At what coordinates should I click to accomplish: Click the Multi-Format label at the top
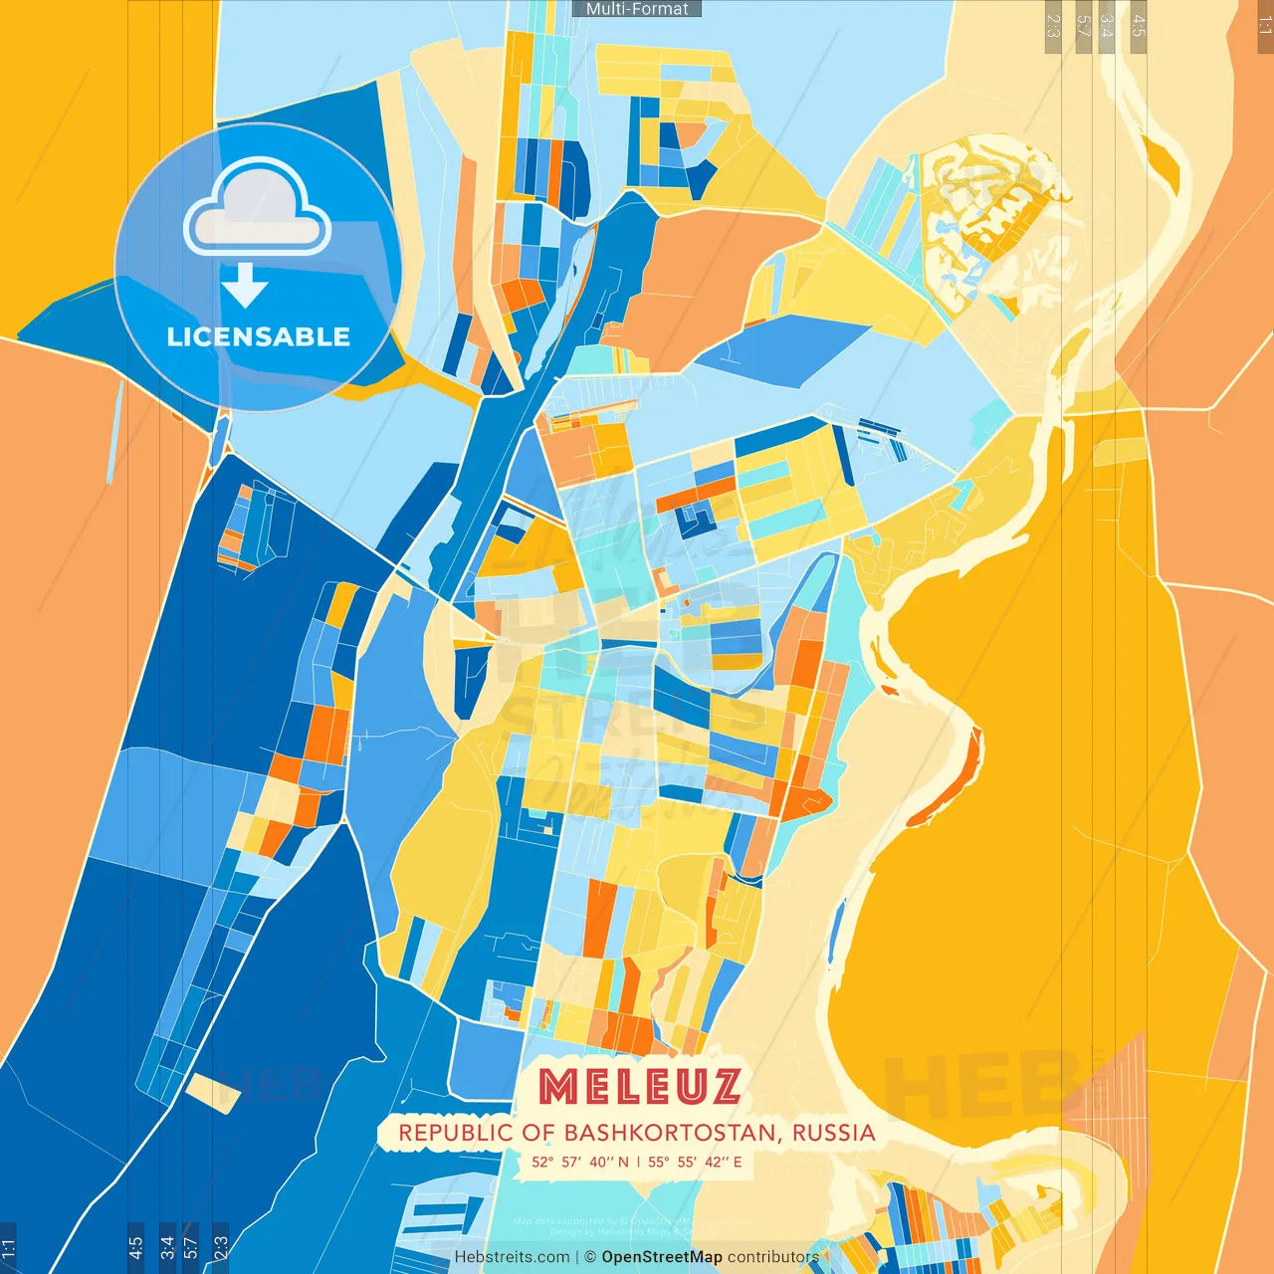[637, 9]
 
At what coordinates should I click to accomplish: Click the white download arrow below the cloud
[245, 286]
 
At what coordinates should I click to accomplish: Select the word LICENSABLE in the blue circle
[259, 337]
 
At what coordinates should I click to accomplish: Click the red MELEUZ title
[640, 1087]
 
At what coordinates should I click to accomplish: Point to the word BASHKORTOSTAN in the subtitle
[674, 1133]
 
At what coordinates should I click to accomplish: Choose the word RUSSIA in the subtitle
[834, 1133]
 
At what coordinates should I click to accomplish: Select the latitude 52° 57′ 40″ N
[580, 1162]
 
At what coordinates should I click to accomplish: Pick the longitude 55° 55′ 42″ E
[695, 1162]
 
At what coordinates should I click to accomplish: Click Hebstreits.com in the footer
[512, 1257]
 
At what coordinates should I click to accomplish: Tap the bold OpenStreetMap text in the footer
[662, 1257]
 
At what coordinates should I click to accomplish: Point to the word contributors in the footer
[773, 1257]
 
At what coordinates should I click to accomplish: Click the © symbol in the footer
[590, 1257]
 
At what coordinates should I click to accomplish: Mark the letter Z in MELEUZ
[723, 1087]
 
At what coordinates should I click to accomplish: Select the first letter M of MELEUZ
[558, 1087]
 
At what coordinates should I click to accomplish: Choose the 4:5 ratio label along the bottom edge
[135, 1248]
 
